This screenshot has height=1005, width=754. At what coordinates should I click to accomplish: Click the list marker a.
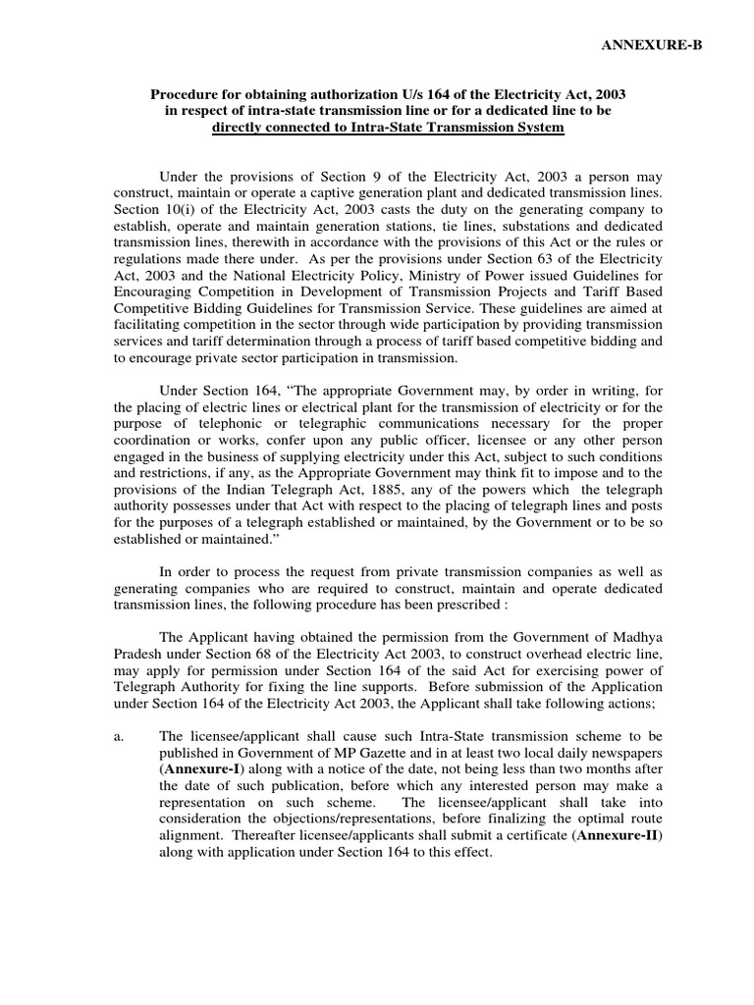[x=117, y=735]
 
